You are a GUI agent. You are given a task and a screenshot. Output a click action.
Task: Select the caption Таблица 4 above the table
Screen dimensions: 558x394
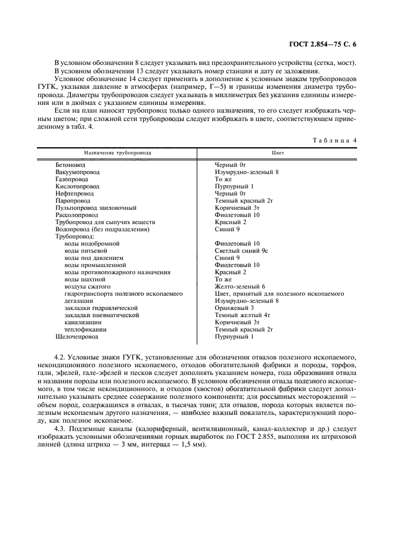click(x=335, y=140)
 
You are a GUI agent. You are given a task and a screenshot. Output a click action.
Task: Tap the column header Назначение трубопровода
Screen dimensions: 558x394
click(x=117, y=153)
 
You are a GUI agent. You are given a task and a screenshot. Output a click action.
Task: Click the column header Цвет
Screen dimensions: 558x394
click(x=277, y=153)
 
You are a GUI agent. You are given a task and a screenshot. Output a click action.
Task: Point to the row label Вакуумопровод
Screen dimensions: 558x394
click(x=77, y=171)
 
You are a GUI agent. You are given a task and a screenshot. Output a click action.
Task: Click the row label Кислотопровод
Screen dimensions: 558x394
click(x=77, y=187)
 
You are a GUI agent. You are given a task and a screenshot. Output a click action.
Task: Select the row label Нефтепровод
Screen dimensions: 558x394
click(x=75, y=194)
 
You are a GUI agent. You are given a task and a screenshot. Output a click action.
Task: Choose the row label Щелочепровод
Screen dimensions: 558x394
click(x=77, y=337)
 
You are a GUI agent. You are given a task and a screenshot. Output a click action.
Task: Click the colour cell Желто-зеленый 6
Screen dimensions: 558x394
click(x=240, y=287)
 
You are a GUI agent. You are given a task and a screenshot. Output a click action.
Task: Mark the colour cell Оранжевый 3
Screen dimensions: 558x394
click(x=234, y=308)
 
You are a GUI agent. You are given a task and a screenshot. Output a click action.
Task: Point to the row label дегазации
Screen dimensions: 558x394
click(x=79, y=301)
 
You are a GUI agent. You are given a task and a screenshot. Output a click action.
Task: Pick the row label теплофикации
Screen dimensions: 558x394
click(x=85, y=329)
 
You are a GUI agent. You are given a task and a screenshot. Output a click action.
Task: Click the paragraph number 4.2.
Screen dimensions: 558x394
click(x=60, y=355)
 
